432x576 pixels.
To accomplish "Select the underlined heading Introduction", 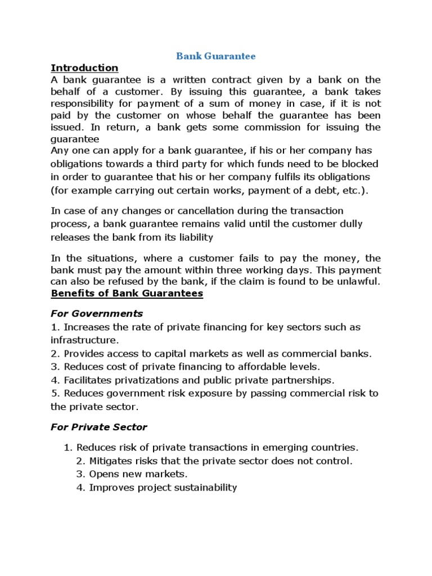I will (x=84, y=67).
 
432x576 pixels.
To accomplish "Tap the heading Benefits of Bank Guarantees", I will (x=127, y=294).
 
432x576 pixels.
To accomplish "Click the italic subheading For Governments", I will (x=97, y=313).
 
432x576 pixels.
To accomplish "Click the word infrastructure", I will (x=84, y=340).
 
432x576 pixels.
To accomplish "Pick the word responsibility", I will (x=84, y=103).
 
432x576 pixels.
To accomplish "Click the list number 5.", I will (x=55, y=393).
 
